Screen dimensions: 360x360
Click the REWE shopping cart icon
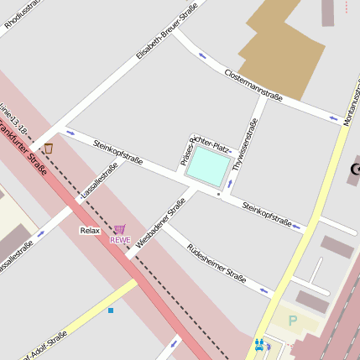coord(120,228)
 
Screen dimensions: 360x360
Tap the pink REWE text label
coord(120,239)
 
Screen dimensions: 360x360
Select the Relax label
coord(90,230)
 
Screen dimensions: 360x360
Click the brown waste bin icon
coord(48,149)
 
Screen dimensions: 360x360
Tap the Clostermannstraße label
coord(253,86)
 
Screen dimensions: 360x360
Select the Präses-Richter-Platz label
coord(204,143)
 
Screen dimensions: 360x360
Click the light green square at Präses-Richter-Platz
coord(207,166)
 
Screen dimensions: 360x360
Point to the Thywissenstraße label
coord(243,144)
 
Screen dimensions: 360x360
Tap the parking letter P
coord(293,320)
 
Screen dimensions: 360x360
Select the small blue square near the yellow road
coord(111,310)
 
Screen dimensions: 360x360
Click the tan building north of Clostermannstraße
coord(282,46)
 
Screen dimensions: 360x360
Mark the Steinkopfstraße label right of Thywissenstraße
coord(266,215)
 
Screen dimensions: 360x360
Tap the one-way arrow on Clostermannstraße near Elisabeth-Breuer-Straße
coord(202,56)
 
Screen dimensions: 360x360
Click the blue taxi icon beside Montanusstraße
coord(259,344)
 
